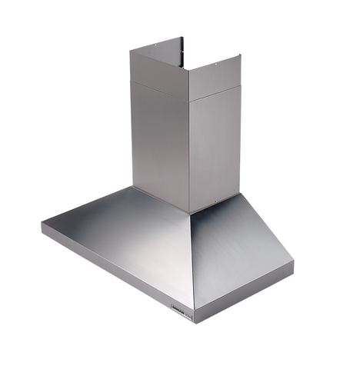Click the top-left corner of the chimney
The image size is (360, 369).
[130, 52]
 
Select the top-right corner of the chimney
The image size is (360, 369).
[241, 55]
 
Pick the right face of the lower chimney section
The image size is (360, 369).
[216, 146]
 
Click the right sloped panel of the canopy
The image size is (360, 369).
[238, 246]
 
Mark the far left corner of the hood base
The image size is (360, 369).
[42, 225]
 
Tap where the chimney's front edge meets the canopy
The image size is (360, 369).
[189, 213]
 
